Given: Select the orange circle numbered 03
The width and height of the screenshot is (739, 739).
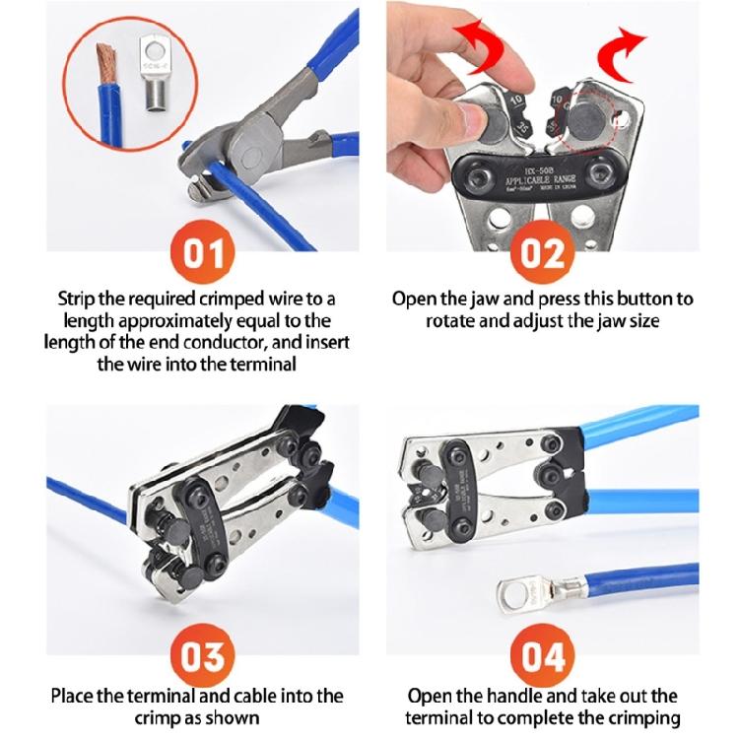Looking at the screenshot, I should click(x=205, y=655).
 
